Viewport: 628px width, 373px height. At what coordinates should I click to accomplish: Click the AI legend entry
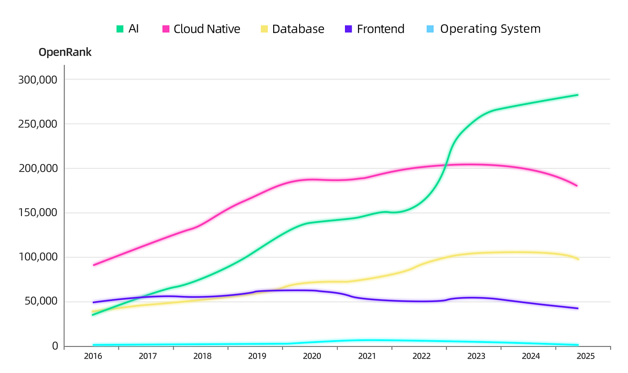pos(127,29)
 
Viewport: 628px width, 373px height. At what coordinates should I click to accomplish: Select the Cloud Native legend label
pos(201,29)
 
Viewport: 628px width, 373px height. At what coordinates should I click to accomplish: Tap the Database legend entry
pos(292,29)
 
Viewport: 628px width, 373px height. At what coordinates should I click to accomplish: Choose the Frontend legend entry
pos(375,29)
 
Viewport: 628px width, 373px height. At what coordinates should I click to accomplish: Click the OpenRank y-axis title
pos(65,53)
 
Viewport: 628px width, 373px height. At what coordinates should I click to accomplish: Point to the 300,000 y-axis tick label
pos(38,80)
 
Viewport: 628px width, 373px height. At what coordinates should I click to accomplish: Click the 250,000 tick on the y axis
pos(38,124)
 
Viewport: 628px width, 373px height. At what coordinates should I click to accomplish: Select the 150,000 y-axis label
pos(38,213)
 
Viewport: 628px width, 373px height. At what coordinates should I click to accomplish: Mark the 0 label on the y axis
pos(55,346)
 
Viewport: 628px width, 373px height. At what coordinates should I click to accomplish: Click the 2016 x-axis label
pos(93,356)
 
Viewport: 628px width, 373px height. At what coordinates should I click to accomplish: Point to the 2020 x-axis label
pos(312,356)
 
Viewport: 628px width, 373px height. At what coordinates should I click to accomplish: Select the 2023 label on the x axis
pos(476,356)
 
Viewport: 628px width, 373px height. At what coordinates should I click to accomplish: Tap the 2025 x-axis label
pos(585,356)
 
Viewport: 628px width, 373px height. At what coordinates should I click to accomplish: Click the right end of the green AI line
pos(577,95)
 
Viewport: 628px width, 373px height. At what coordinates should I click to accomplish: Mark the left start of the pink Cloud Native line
pos(93,265)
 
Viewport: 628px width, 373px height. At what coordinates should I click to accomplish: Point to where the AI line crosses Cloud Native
pos(445,166)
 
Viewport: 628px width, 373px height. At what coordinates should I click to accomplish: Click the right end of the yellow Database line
pos(578,259)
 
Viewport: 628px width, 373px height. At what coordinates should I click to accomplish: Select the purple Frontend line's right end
pos(577,308)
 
